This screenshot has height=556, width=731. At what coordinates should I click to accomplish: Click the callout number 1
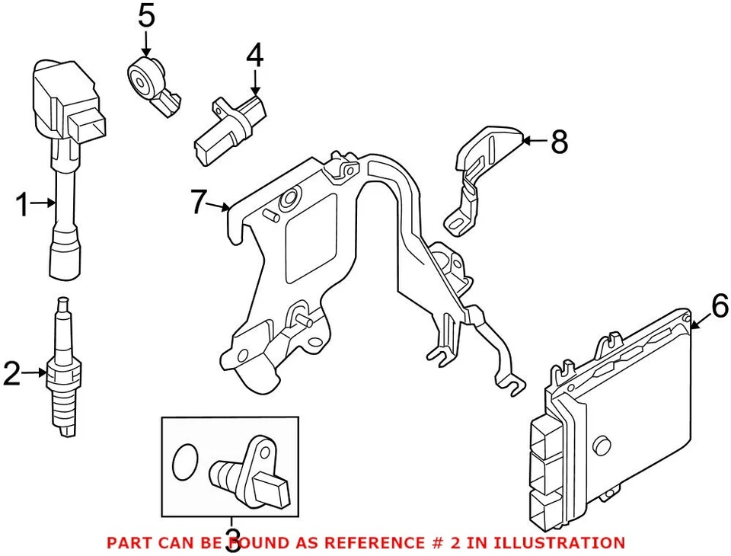[x=23, y=204]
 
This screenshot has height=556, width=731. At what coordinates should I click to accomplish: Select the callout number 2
[x=12, y=374]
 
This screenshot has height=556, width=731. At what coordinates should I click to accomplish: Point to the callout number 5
[x=146, y=16]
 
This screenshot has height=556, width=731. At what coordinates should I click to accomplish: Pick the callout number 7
[x=199, y=203]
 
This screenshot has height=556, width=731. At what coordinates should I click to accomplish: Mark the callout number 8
[x=560, y=142]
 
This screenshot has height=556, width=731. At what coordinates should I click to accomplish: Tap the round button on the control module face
[x=604, y=445]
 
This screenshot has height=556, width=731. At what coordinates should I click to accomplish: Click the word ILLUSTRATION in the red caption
[x=563, y=543]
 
